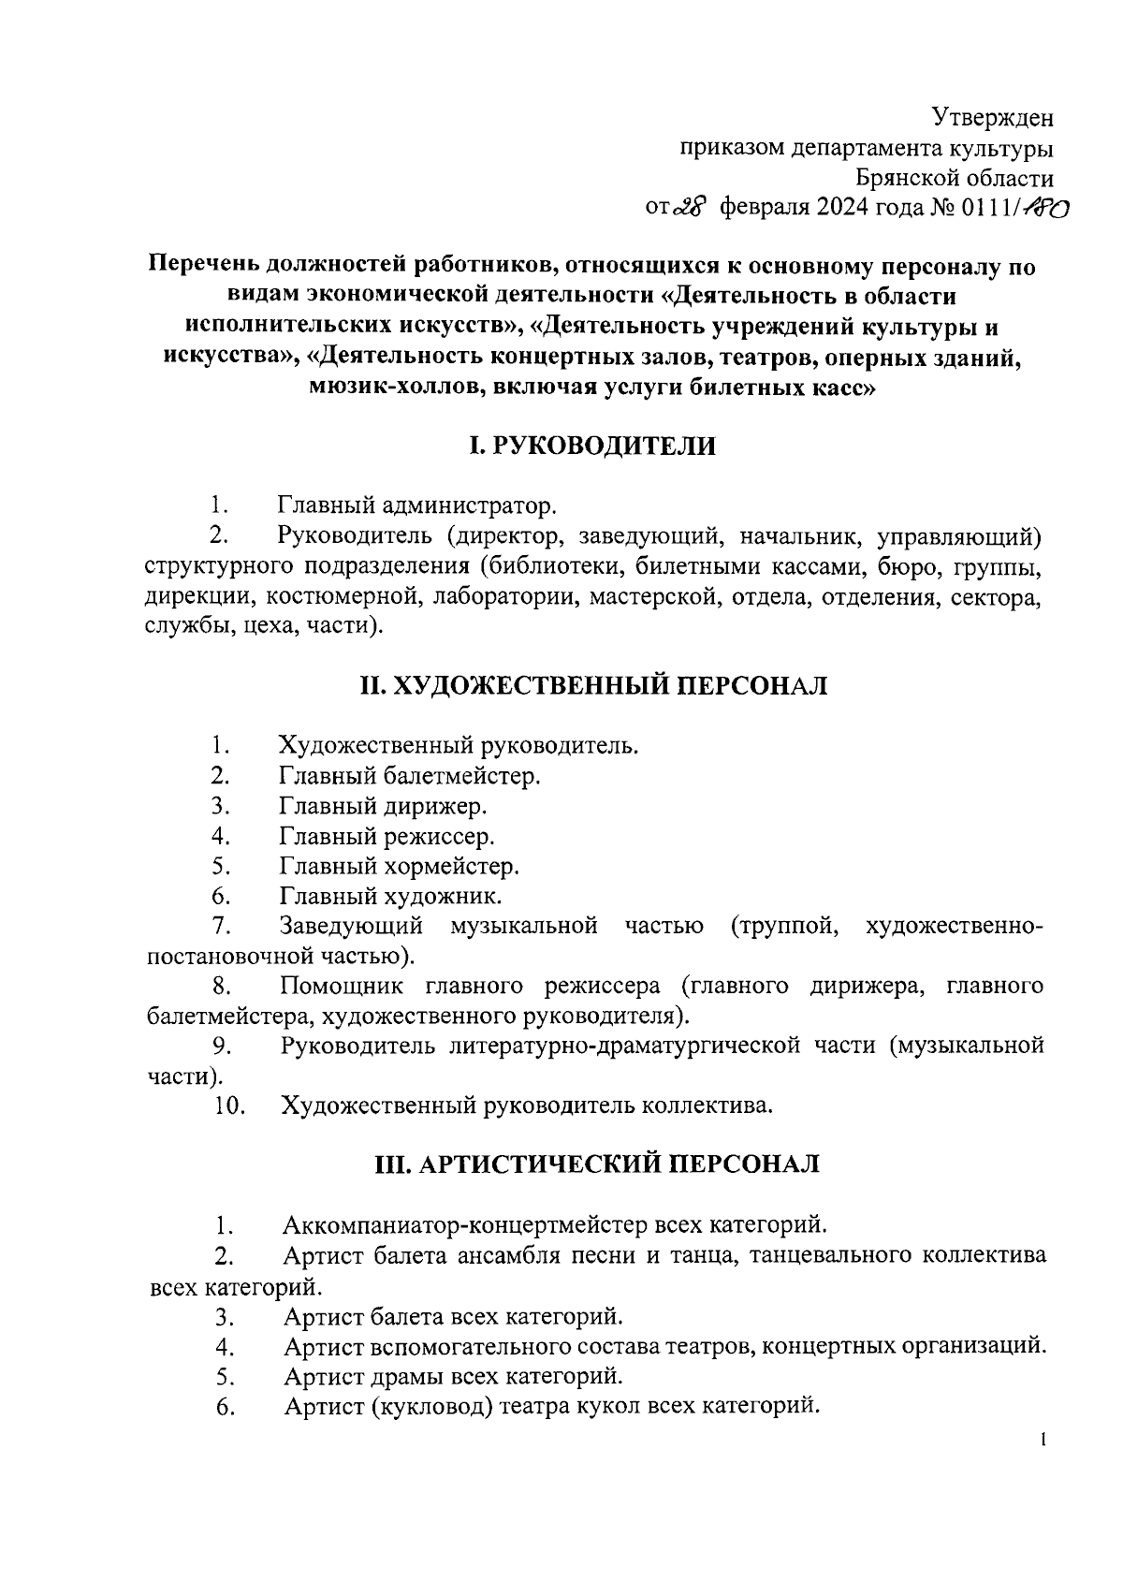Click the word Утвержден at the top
point(992,118)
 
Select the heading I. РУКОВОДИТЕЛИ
point(591,446)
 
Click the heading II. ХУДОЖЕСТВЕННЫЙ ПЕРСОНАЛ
point(593,685)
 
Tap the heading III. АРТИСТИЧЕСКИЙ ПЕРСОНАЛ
point(596,1164)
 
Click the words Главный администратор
point(416,506)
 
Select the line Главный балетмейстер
point(410,775)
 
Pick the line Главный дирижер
point(383,805)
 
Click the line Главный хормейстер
point(399,866)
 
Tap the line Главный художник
point(390,896)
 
